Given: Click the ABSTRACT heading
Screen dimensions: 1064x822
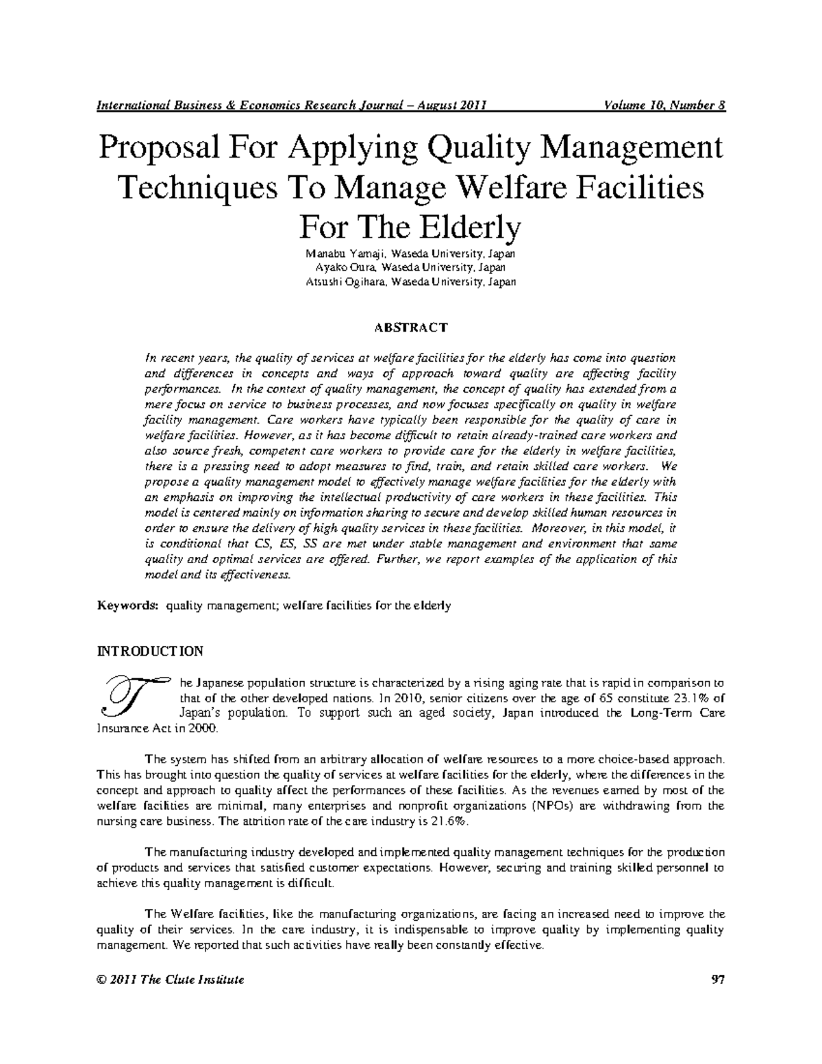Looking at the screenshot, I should click(x=410, y=327).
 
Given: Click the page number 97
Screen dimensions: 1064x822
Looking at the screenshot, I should click(x=718, y=980).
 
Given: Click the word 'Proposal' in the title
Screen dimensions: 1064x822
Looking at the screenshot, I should click(x=155, y=149).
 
